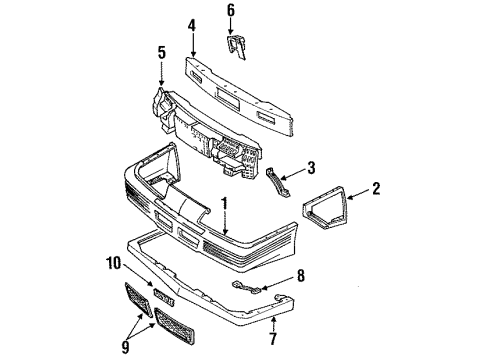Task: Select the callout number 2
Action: click(x=376, y=187)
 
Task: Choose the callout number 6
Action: click(x=231, y=11)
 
